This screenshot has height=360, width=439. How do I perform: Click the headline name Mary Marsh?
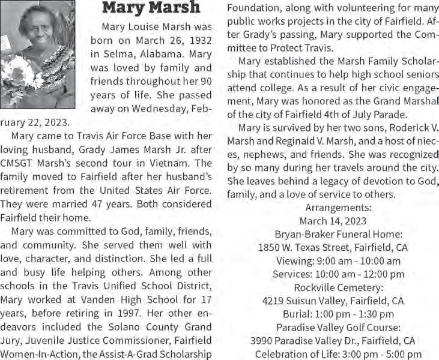151,8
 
